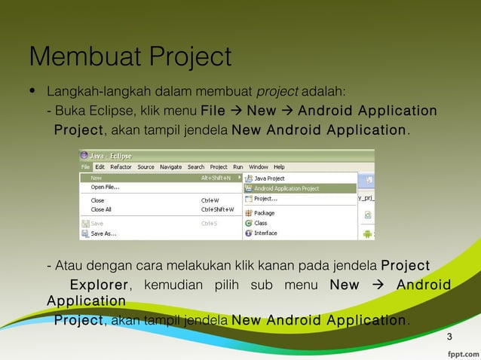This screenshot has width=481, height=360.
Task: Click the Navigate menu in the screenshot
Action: pyautogui.click(x=170, y=166)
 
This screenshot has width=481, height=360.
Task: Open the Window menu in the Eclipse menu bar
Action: pyautogui.click(x=258, y=166)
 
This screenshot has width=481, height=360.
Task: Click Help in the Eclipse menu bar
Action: pyautogui.click(x=278, y=166)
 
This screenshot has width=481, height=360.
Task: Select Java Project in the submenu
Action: pyautogui.click(x=269, y=178)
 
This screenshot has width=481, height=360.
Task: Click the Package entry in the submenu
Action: pyautogui.click(x=264, y=213)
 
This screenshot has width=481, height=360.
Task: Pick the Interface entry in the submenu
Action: pyautogui.click(x=265, y=233)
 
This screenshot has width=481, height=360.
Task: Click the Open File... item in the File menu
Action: pyautogui.click(x=105, y=187)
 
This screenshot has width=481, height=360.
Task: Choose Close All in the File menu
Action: pyautogui.click(x=101, y=209)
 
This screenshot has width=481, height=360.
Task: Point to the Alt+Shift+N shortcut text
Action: pyautogui.click(x=216, y=178)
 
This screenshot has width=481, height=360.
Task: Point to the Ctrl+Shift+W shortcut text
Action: pyautogui.click(x=217, y=209)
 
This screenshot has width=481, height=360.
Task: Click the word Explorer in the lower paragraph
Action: pyautogui.click(x=99, y=285)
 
